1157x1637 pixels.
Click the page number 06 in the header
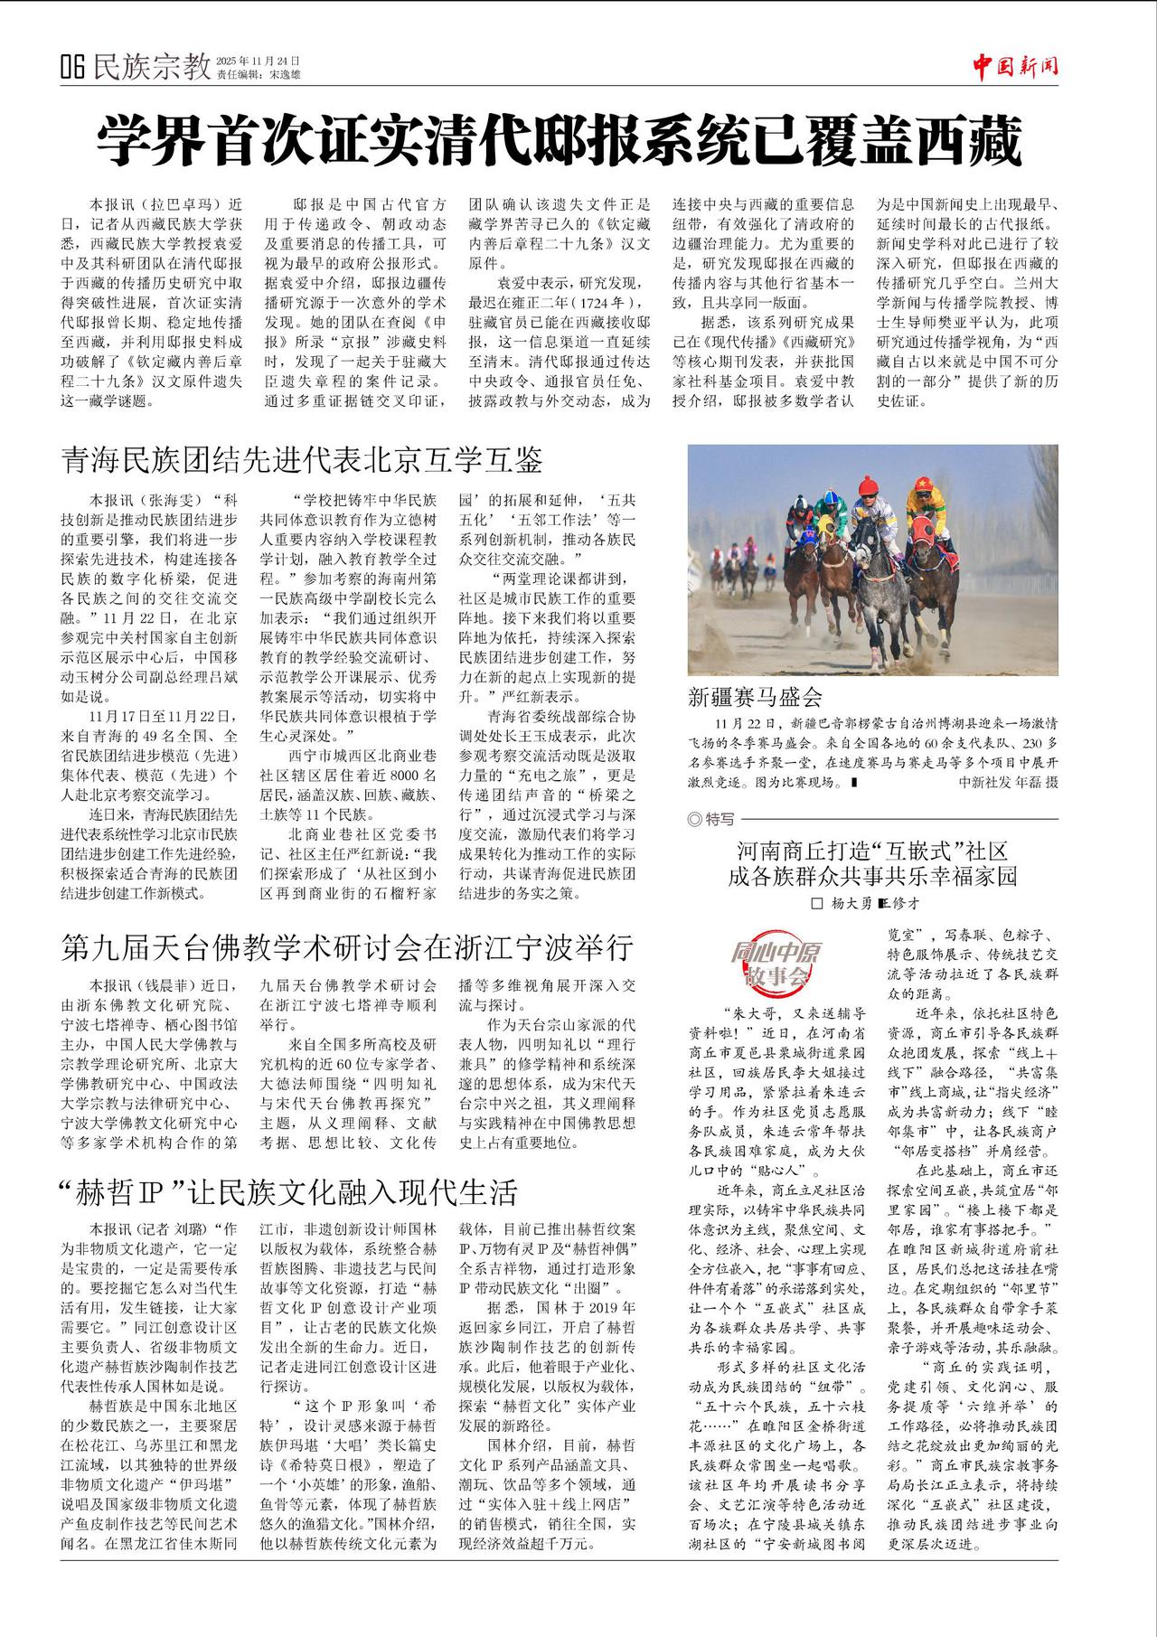click(72, 66)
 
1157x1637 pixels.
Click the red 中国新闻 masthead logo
click(1015, 66)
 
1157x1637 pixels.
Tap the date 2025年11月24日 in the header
click(257, 59)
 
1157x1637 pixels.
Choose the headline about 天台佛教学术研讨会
click(347, 947)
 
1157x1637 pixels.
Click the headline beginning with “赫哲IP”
click(288, 1192)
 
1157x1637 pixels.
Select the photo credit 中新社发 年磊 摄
click(1008, 782)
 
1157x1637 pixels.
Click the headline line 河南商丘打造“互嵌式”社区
click(871, 851)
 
